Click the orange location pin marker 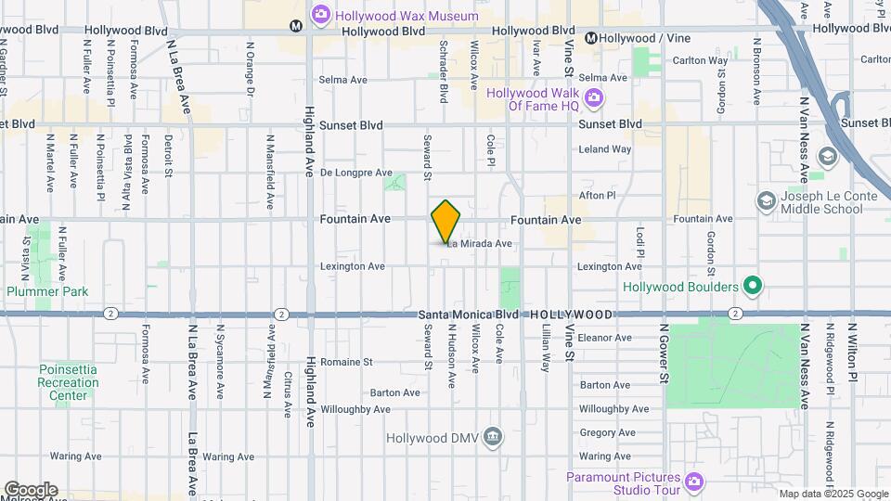coord(445,222)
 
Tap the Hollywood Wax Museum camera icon coord(321,13)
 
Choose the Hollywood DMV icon coord(493,437)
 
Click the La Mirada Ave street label coord(479,244)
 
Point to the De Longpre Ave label coord(356,173)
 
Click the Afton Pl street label coord(597,196)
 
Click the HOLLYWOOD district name coord(572,315)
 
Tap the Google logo coord(30,489)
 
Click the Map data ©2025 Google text coord(833,494)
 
